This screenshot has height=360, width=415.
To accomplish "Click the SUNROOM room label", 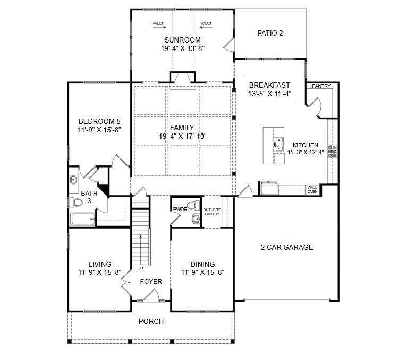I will coord(182,40).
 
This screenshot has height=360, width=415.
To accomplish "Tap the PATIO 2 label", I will coord(270,33).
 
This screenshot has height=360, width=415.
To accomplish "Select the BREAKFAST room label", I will coord(269,85).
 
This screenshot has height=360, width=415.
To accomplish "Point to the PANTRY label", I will coord(321,86).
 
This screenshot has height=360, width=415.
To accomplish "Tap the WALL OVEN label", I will coord(312,189).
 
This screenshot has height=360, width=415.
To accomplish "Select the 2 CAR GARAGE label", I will coord(286,247).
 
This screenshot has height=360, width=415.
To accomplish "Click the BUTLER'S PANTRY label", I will coord(212,212).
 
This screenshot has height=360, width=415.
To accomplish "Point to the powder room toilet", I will coord(194,204).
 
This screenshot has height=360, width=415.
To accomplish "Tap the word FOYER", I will coord(151,281).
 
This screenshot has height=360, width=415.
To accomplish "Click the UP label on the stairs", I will coord(140,269).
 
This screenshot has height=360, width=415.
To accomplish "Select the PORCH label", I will coord(151,321).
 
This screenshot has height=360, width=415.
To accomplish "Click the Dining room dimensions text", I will coord(202,272).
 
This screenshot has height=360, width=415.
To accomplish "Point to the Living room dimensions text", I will coord(100,272).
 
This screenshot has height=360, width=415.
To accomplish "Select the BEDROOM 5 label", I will coord(100,121).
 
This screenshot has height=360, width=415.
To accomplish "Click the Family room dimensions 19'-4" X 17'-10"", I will coord(182,136).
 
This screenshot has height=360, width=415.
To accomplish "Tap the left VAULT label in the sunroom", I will coord(158,24).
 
